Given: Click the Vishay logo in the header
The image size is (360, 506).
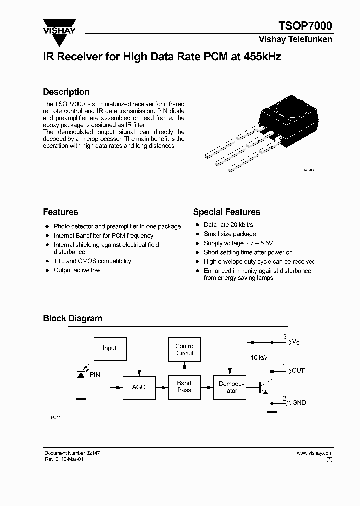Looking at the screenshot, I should pos(59,27).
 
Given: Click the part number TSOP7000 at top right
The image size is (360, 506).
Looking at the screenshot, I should pos(305,26).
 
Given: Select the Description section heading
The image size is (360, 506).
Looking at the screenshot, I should pos(66,92).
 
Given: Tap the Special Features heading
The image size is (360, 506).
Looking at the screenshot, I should pos(226,212).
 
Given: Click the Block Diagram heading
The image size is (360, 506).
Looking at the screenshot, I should pos(72,318).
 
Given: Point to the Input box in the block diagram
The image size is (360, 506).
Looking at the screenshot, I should pos(109,348).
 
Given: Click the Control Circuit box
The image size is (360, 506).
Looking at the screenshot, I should pos(185,350).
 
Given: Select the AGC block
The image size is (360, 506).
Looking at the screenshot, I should pos(139,387).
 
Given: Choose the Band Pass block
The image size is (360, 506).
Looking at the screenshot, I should pos(184,387).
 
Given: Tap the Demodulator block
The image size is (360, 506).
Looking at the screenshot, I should pos(231,387).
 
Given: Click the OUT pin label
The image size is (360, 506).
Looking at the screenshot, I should pos(298,370).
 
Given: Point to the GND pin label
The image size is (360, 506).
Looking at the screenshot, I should pos(299,403).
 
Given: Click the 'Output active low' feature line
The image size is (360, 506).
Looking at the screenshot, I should pos(77,270).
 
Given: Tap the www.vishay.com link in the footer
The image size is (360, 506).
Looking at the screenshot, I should pos(314,453).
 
